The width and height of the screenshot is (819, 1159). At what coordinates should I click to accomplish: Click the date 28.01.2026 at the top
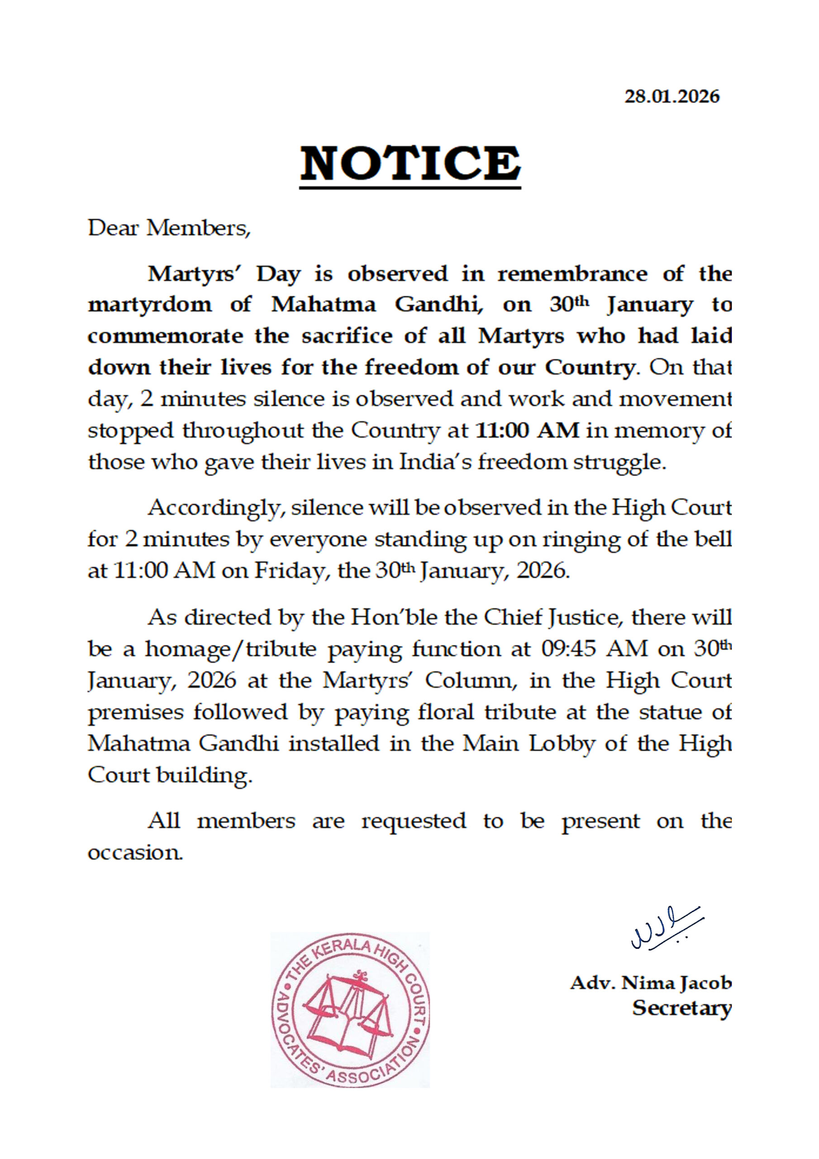tap(671, 96)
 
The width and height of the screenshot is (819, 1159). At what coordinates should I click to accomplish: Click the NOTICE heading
tap(410, 164)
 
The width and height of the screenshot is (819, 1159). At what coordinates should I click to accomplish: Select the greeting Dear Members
tap(169, 229)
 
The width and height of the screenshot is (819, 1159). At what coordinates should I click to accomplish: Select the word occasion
tap(135, 853)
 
